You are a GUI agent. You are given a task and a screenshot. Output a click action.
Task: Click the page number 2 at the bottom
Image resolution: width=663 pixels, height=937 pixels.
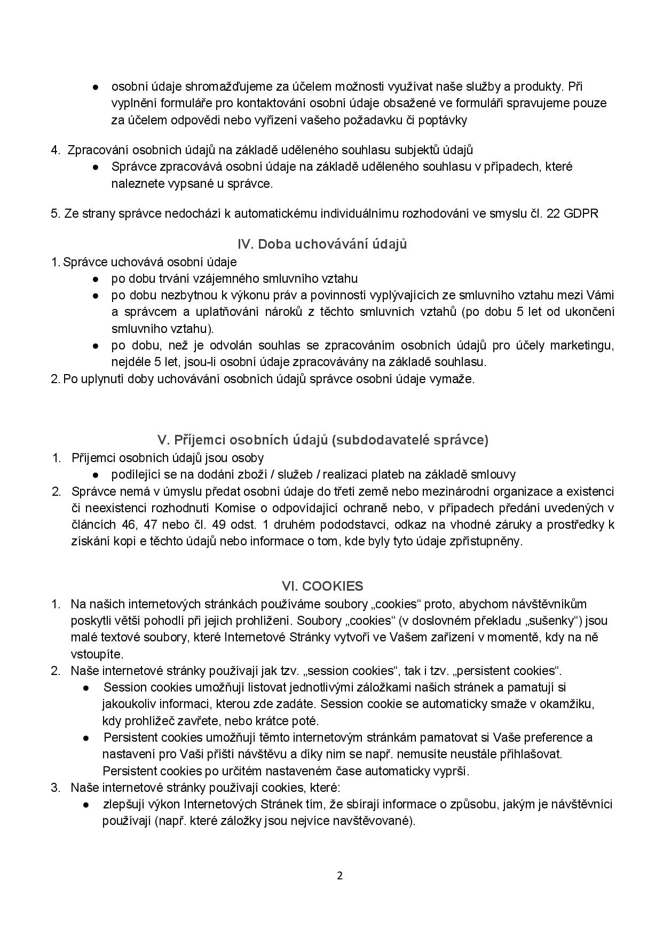(340, 876)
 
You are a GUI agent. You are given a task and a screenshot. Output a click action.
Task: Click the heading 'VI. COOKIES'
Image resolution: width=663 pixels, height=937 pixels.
(322, 586)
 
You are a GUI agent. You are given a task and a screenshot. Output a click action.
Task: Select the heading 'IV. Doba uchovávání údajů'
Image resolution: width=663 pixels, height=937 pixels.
(322, 244)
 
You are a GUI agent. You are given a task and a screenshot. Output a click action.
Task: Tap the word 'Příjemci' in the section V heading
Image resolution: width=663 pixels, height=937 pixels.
(195, 440)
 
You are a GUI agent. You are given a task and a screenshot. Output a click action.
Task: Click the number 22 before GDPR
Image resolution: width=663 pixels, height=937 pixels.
(553, 213)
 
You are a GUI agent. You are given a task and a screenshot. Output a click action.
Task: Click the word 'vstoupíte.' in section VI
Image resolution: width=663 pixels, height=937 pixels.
(97, 654)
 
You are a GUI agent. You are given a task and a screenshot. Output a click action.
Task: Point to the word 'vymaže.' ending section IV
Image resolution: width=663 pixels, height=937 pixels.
(455, 379)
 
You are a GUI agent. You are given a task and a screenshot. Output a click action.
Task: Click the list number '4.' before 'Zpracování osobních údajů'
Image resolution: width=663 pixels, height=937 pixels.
(56, 150)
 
